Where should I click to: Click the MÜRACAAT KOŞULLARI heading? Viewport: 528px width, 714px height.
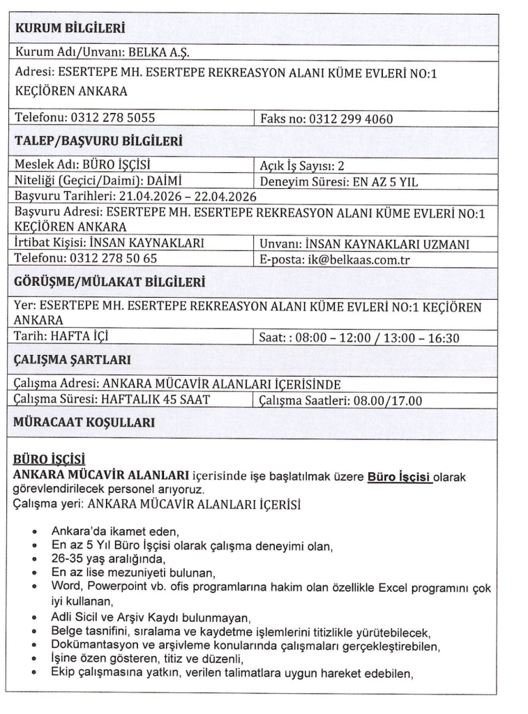coord(80,423)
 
